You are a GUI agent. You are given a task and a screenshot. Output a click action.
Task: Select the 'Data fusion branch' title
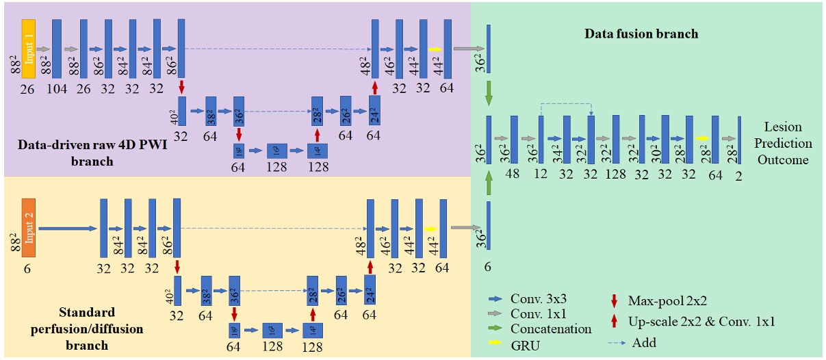coord(641,34)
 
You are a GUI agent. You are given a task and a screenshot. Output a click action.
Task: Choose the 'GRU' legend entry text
coord(525,344)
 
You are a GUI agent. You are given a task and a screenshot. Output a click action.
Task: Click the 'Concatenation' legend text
coord(551,329)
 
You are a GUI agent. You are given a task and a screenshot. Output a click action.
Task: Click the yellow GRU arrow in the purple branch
coord(435,49)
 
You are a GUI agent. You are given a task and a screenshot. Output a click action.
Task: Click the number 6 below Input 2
coord(27,268)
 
